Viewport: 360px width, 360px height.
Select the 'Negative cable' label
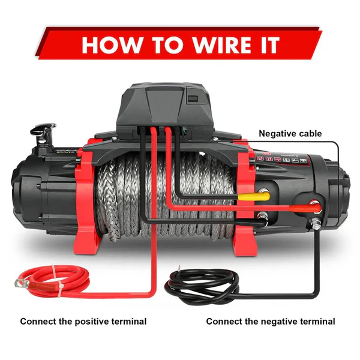(290, 133)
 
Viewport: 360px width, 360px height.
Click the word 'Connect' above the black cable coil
(223, 322)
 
